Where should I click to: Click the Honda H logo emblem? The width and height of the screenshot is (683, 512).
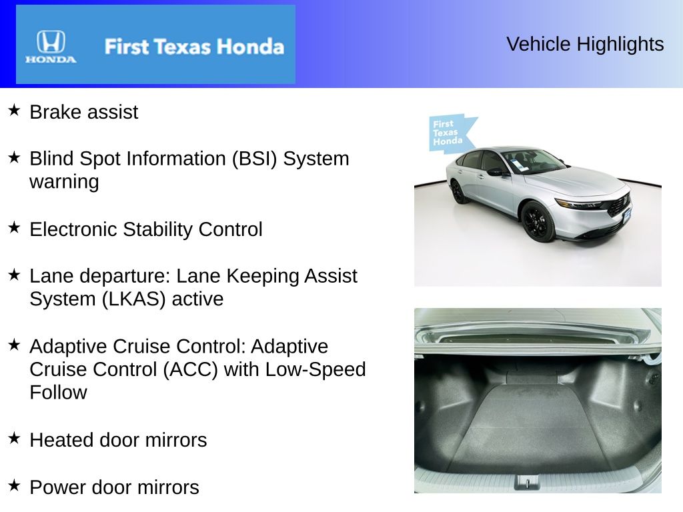pos(51,41)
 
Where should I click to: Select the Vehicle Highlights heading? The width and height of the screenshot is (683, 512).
pos(585,44)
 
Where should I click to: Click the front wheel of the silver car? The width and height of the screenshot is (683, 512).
pos(538,221)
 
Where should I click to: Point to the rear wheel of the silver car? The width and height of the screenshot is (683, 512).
pos(458,191)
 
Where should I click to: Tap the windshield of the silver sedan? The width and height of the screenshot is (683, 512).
pos(533,161)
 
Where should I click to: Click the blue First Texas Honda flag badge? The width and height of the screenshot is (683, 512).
pos(450,133)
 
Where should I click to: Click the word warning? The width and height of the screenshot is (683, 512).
pos(64,182)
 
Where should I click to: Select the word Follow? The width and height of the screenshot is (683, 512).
pos(58,392)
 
